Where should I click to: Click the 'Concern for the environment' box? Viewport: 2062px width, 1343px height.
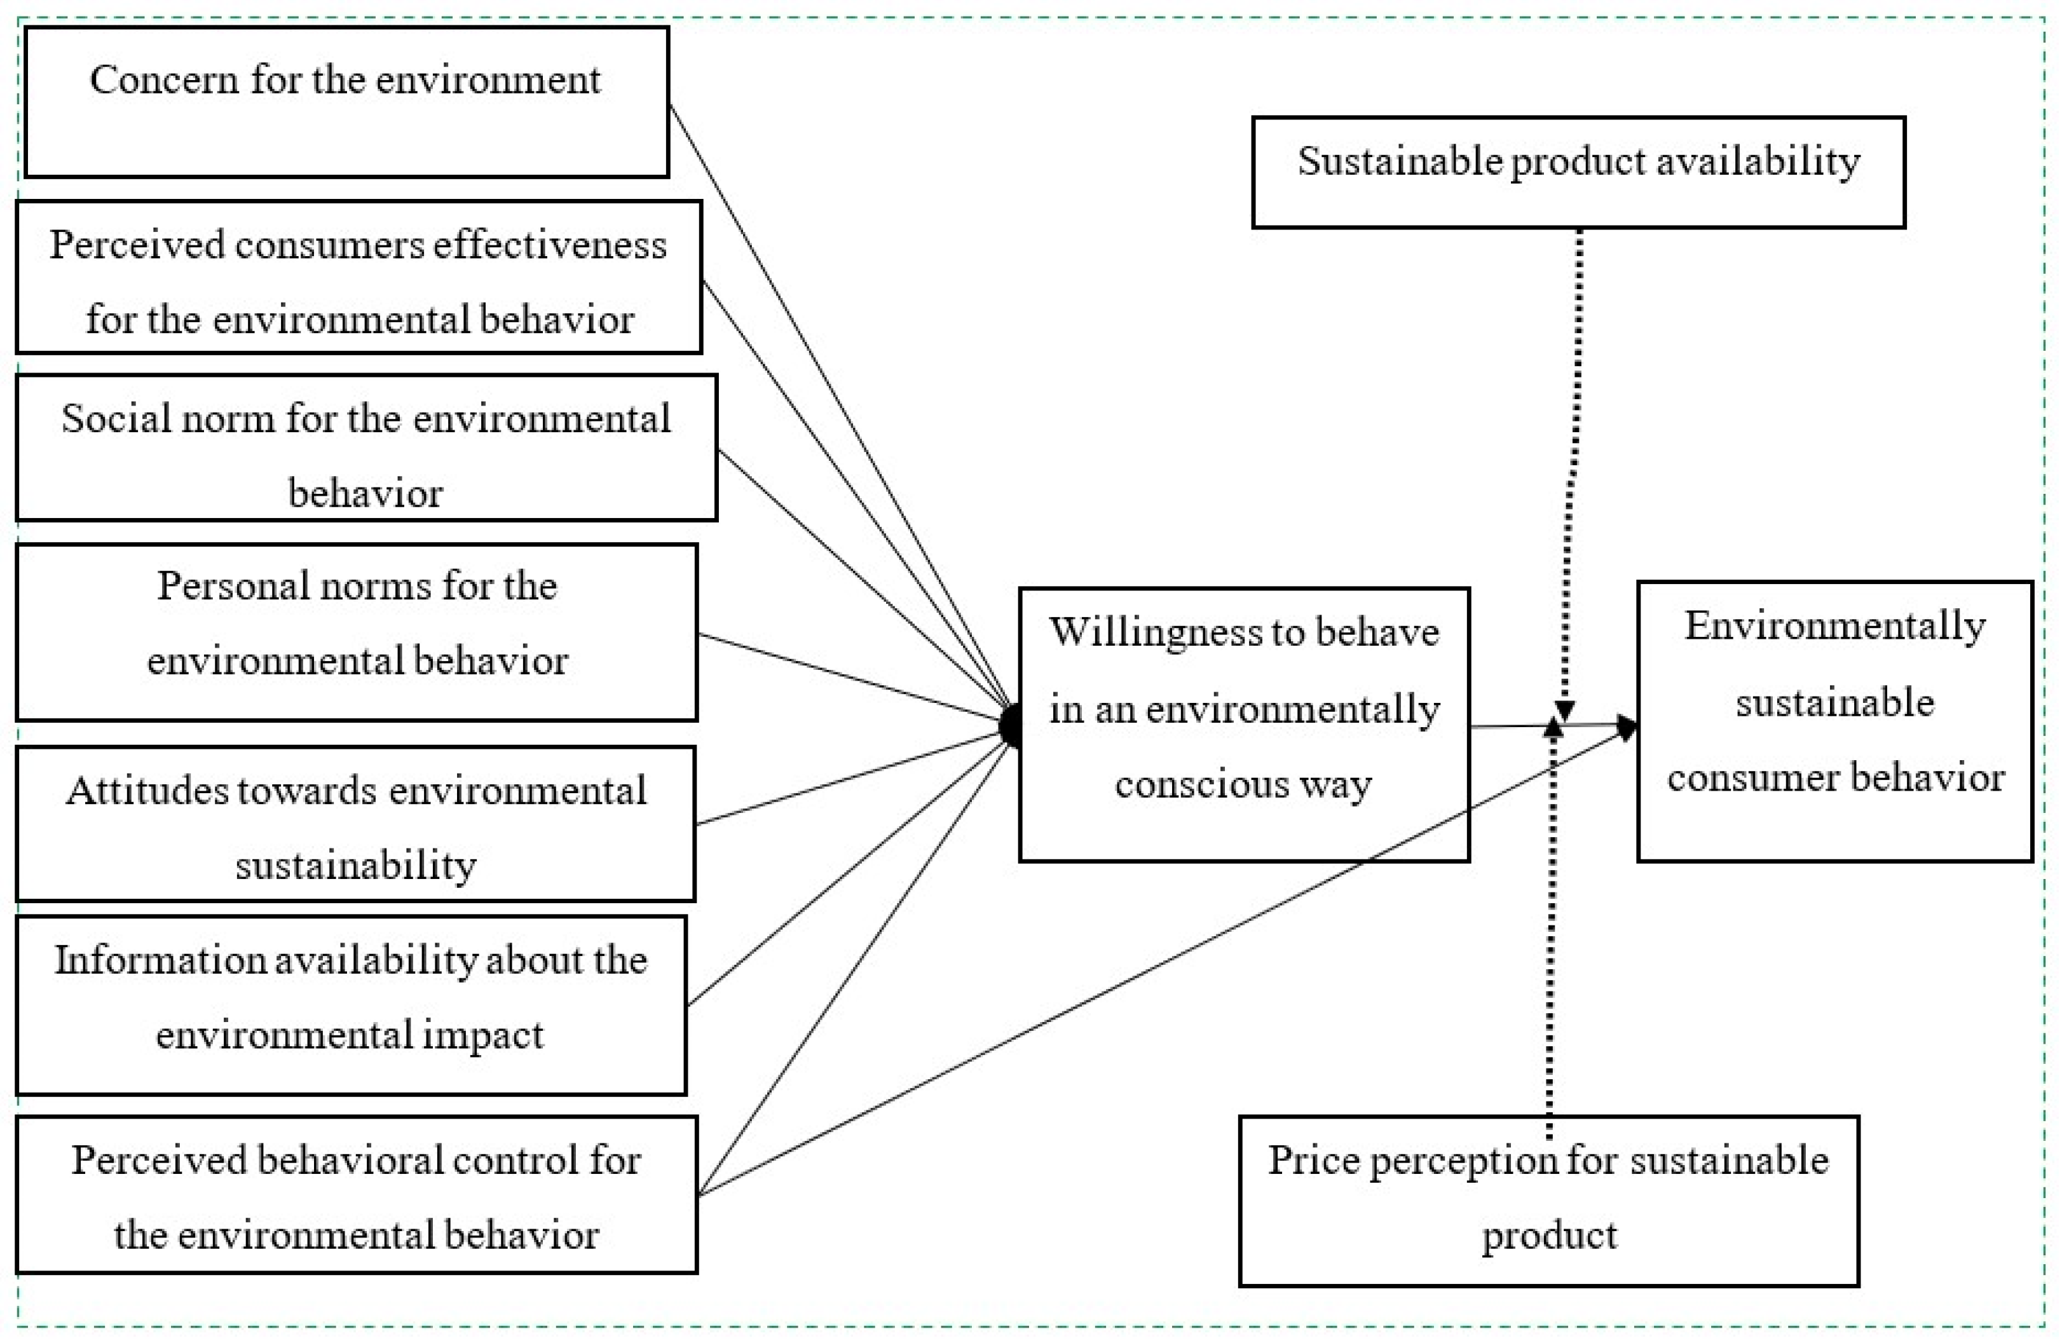346,102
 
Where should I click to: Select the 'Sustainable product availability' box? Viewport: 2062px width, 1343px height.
1578,172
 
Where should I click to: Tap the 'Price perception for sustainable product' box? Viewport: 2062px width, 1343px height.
1549,1201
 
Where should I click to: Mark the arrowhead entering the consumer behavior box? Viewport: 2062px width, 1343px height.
1628,725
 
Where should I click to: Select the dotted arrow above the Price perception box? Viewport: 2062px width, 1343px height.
1552,936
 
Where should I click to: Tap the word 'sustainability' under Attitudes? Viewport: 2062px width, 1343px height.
356,864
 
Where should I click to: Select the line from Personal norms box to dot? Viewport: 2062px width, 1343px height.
849,679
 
